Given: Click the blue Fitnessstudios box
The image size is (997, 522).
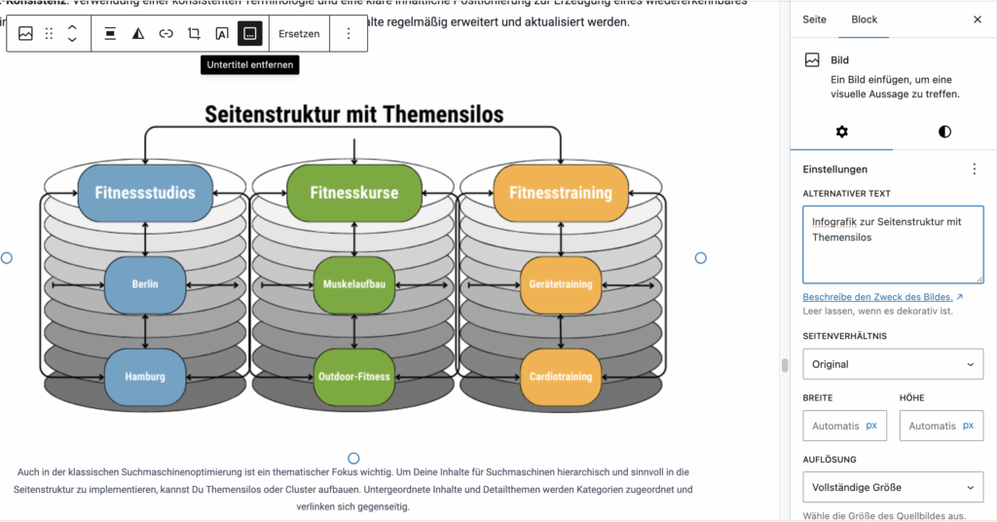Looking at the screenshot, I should click(145, 193).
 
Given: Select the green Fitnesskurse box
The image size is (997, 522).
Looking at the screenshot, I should click(353, 193).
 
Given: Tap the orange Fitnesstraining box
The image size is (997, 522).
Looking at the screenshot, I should click(561, 193).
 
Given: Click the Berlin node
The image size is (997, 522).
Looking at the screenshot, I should click(145, 284).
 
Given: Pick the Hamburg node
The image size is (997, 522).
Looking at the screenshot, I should click(145, 376).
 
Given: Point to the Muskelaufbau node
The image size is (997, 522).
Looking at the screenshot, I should click(353, 284).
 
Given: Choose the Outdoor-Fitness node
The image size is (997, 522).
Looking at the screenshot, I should click(353, 376).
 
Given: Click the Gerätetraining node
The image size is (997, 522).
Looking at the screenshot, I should click(561, 284).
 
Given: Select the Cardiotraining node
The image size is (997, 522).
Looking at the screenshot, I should click(561, 376).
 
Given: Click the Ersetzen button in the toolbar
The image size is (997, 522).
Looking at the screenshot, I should click(298, 33).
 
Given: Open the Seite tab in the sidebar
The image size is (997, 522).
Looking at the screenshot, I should click(814, 19).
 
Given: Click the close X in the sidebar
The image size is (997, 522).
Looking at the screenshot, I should click(978, 19).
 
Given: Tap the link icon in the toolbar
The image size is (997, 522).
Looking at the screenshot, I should click(166, 33).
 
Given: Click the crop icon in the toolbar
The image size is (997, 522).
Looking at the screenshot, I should click(194, 33).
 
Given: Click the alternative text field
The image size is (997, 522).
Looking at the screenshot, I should click(892, 244).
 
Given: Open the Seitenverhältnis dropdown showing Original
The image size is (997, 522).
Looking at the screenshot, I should click(892, 364).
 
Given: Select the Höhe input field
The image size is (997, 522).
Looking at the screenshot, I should click(940, 426).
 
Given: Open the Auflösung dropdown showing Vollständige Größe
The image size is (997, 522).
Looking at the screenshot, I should click(892, 487).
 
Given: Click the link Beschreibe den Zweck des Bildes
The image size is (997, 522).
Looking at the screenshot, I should click(877, 296).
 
